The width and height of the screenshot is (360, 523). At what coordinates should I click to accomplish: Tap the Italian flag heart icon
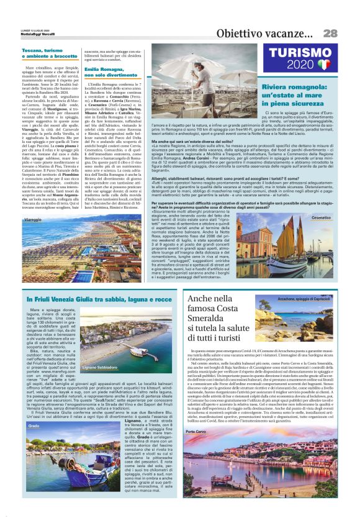[x=323, y=65]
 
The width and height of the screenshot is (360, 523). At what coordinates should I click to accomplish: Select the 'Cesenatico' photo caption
[x=321, y=218]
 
